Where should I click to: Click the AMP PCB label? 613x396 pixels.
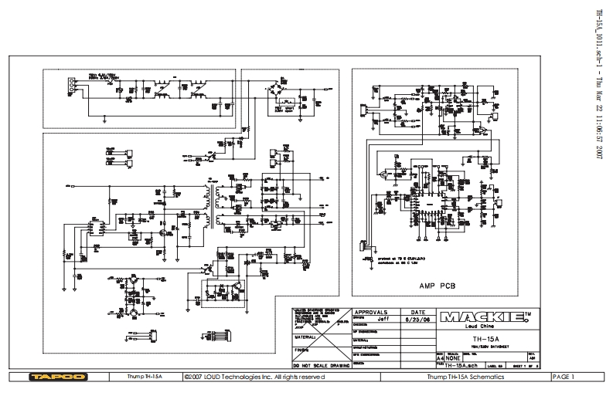437,286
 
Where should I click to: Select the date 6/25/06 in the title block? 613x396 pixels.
420,318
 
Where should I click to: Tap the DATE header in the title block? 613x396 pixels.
420,311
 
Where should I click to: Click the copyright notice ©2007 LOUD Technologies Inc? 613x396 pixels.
255,377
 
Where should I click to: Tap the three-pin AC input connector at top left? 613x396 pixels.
71,86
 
